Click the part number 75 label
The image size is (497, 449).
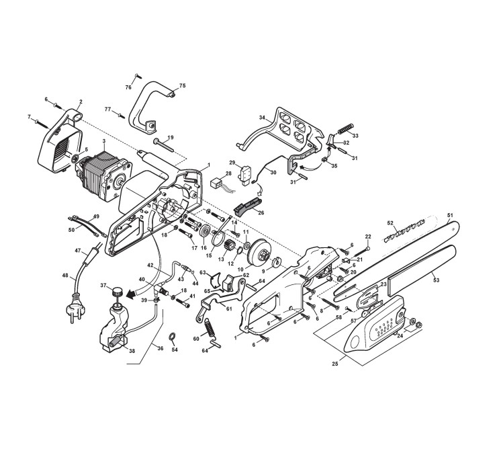[x=182, y=85]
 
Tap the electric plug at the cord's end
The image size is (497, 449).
[x=75, y=309]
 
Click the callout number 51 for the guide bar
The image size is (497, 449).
[x=450, y=215]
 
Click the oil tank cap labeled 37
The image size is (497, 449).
[x=118, y=291]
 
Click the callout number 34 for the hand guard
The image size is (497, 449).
[x=262, y=118]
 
